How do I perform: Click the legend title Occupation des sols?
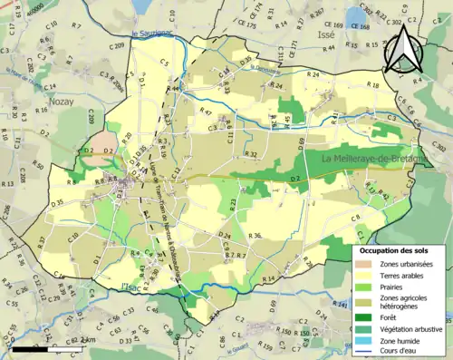(400, 250)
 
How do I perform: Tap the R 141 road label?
(340, 306)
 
